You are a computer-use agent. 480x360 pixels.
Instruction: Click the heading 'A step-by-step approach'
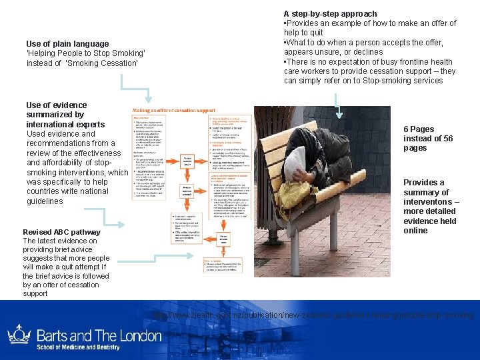[330, 13]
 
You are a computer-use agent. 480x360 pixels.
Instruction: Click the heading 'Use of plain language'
[67, 44]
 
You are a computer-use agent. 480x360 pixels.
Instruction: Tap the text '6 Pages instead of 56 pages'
[427, 139]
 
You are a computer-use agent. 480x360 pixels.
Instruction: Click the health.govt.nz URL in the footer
[313, 315]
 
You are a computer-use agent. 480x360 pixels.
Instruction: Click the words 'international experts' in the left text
[65, 124]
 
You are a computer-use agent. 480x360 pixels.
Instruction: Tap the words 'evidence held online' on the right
[429, 226]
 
